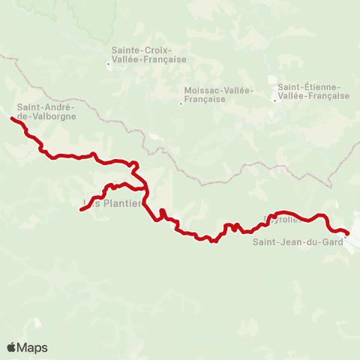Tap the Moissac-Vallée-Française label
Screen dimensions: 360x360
pos(218,94)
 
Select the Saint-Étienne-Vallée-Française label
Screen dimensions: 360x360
pos(313,91)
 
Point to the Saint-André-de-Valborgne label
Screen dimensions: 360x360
pos(46,112)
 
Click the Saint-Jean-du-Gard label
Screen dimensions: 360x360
pos(297,241)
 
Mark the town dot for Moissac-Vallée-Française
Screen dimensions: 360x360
pos(181,104)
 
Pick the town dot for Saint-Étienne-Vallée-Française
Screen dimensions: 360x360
pos(274,100)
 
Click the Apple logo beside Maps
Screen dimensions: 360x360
pos(11,347)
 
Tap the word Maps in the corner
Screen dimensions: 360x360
pos(33,347)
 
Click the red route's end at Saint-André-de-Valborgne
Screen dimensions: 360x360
pos(12,118)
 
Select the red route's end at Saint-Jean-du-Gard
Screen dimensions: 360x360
pos(347,233)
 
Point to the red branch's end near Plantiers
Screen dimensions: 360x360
pos(80,209)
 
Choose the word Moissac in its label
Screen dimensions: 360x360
pos(202,91)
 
